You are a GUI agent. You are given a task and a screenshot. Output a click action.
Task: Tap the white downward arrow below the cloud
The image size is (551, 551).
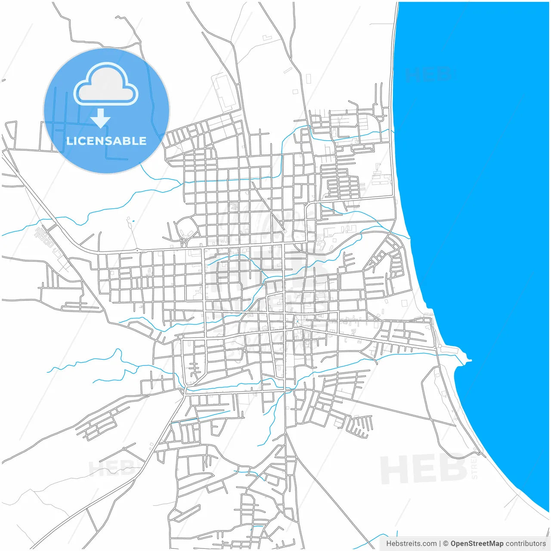pyautogui.click(x=100, y=118)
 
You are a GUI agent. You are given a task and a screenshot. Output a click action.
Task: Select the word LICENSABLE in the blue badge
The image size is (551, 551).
pyautogui.click(x=106, y=141)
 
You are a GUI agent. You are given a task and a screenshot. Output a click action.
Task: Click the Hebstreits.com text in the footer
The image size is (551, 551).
pyautogui.click(x=411, y=543)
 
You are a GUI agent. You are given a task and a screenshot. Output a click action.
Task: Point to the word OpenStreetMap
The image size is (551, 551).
pyautogui.click(x=477, y=543)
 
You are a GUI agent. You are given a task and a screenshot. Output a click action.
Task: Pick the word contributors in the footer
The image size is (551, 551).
pyautogui.click(x=525, y=543)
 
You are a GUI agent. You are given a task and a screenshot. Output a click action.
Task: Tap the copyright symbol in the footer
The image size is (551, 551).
pyautogui.click(x=446, y=543)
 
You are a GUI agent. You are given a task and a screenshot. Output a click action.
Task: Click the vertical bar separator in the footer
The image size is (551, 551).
pyautogui.click(x=440, y=543)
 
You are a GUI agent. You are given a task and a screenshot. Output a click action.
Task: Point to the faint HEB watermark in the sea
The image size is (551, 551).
pyautogui.click(x=428, y=75)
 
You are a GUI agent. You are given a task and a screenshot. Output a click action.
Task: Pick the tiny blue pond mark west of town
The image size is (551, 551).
pyautogui.click(x=133, y=221)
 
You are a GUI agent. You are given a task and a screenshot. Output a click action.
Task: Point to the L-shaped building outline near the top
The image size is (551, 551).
pyautogui.click(x=267, y=38)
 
